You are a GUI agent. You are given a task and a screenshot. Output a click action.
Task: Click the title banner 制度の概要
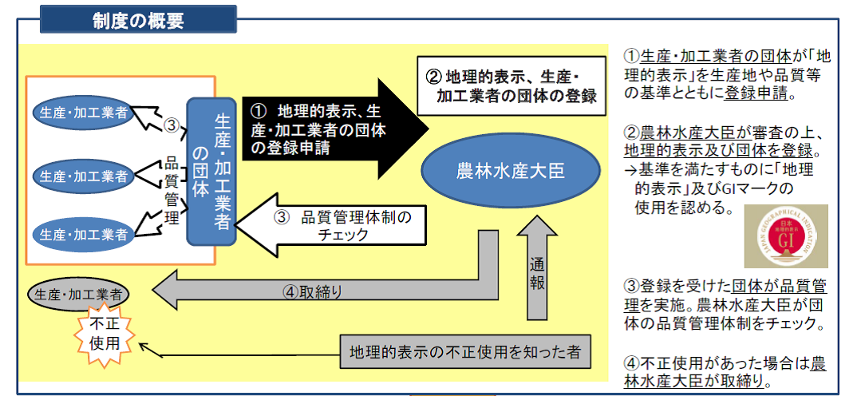[137, 19]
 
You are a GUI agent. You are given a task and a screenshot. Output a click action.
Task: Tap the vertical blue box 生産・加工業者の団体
[211, 171]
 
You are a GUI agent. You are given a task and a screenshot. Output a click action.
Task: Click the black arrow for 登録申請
[335, 128]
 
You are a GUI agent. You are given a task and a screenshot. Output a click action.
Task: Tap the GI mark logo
[785, 236]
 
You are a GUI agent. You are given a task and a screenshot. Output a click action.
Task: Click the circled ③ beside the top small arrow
[170, 125]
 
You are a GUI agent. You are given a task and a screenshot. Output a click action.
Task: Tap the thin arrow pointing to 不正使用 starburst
[239, 352]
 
